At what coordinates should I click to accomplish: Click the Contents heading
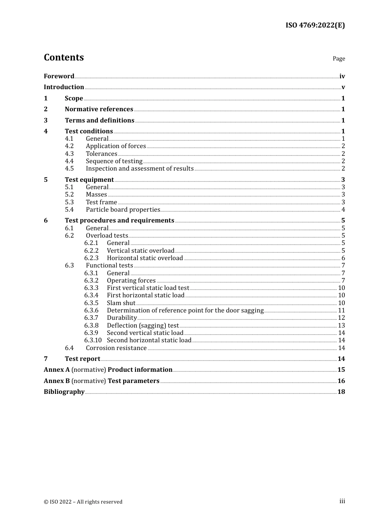click(64, 57)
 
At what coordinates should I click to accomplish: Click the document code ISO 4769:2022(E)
click(315, 25)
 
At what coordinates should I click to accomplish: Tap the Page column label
click(339, 59)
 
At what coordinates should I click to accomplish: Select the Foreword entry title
click(59, 76)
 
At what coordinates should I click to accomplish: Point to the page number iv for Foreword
click(342, 76)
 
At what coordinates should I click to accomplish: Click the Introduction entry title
click(64, 87)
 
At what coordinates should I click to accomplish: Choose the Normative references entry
click(99, 109)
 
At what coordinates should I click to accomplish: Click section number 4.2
click(69, 146)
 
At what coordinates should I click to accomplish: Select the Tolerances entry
click(101, 154)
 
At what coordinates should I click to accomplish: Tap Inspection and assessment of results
click(139, 168)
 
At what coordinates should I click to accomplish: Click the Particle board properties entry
click(123, 209)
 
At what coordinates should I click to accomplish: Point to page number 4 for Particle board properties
click(343, 210)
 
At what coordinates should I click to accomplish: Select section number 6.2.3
click(91, 258)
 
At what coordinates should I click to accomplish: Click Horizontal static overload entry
click(145, 258)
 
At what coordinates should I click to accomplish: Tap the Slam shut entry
click(121, 303)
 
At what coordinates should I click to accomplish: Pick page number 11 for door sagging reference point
click(341, 310)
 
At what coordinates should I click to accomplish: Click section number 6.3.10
click(93, 340)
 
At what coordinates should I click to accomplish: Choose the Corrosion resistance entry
click(116, 348)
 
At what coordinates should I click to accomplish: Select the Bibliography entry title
click(64, 392)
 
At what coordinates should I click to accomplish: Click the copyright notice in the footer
click(83, 502)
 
